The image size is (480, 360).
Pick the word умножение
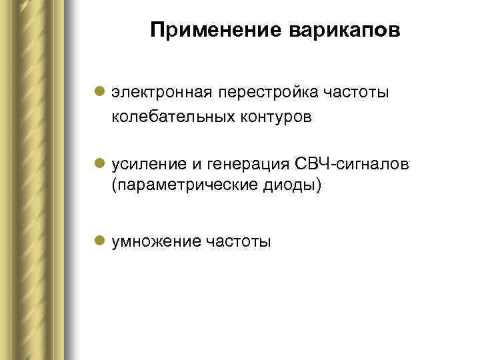pos(156,241)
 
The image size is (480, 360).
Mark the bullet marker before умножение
pos(99,241)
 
